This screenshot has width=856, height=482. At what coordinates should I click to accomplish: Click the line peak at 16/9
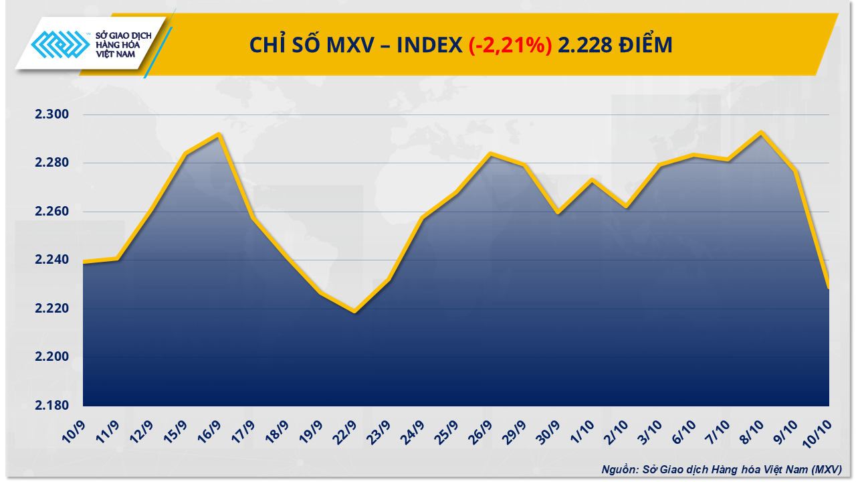pyautogui.click(x=219, y=135)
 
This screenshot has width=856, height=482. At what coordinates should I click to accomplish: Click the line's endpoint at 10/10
pyautogui.click(x=829, y=287)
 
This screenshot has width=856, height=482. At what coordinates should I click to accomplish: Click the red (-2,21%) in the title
pyautogui.click(x=510, y=46)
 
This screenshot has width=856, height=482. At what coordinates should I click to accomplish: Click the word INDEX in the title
pyautogui.click(x=429, y=46)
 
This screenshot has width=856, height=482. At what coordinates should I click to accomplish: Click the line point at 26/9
pyautogui.click(x=490, y=154)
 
